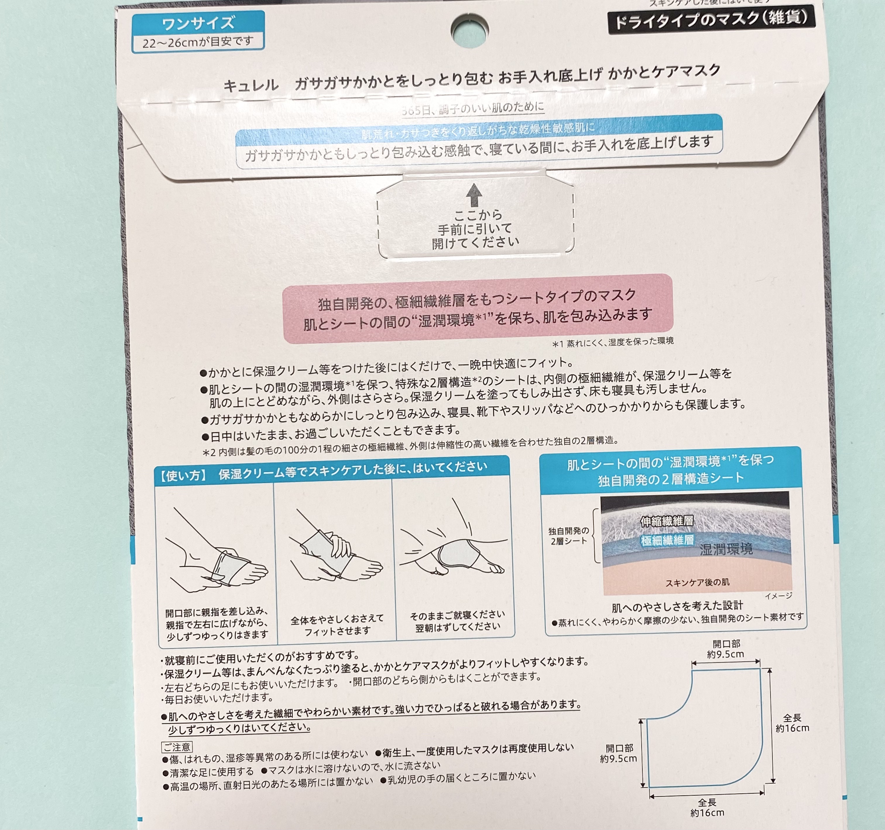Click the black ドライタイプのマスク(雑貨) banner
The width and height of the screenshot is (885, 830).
711,19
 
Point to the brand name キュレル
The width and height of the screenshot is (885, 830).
251,85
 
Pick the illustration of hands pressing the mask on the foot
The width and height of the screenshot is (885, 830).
335,552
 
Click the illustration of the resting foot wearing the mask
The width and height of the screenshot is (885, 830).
454,550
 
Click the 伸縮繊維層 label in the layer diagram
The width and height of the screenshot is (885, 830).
666,521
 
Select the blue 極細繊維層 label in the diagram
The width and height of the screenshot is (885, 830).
667,540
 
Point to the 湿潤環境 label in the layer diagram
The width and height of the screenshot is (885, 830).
726,550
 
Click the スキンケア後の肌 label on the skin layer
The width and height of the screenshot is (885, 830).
697,582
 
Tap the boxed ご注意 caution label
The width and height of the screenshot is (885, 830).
177,747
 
